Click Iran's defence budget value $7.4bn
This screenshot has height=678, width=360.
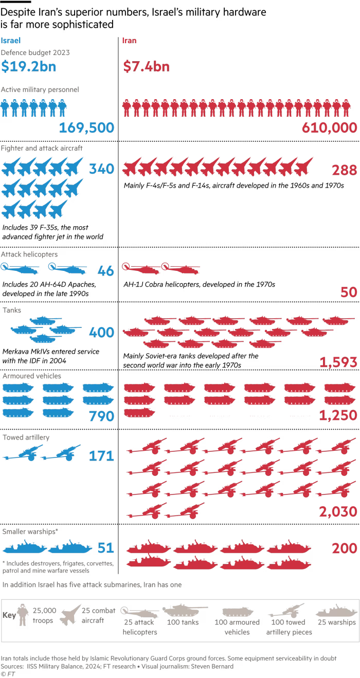coord(146,66)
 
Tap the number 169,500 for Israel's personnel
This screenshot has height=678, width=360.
coord(86,128)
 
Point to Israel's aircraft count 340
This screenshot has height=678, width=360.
coord(101,169)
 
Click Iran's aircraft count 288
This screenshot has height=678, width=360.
coord(344,170)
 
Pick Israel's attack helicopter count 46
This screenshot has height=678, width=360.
coord(105,271)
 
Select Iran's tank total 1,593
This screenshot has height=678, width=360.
coord(338,362)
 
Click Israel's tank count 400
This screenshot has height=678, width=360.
coord(101,333)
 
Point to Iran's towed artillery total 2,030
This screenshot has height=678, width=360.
coord(338,511)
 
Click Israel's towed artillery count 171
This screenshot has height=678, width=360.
coord(101,455)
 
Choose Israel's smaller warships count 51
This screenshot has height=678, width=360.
coord(105,548)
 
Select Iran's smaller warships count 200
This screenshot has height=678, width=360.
coord(344,548)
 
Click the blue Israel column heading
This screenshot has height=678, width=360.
coord(11,40)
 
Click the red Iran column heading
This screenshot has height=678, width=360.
coord(129,40)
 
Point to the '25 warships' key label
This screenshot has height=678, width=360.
coord(336,622)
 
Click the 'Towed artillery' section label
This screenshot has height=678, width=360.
coord(26,437)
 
